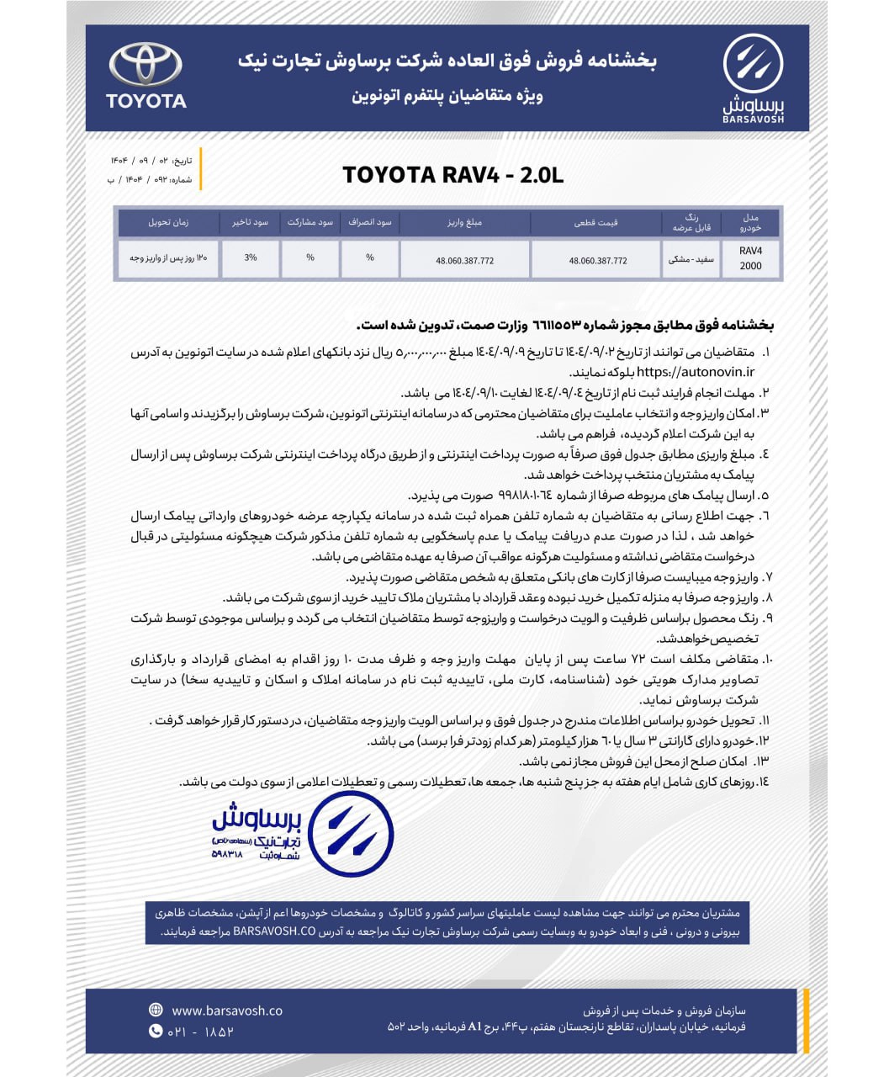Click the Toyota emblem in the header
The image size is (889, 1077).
(146, 65)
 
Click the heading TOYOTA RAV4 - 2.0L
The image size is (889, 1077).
(452, 175)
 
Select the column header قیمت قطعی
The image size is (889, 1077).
(596, 223)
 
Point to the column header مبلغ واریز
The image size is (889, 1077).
(464, 223)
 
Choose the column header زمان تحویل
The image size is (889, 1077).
(168, 223)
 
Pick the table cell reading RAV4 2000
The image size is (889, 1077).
(750, 259)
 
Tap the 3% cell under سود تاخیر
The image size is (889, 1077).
(251, 258)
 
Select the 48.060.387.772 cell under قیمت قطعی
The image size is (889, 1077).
(597, 261)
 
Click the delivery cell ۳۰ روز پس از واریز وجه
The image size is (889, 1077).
(168, 258)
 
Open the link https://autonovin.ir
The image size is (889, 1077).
(695, 372)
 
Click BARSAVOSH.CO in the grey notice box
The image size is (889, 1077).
(274, 932)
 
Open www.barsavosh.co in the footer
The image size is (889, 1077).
(227, 1011)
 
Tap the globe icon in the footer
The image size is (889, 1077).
(156, 1010)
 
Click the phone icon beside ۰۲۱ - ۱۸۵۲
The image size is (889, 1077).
(156, 1031)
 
